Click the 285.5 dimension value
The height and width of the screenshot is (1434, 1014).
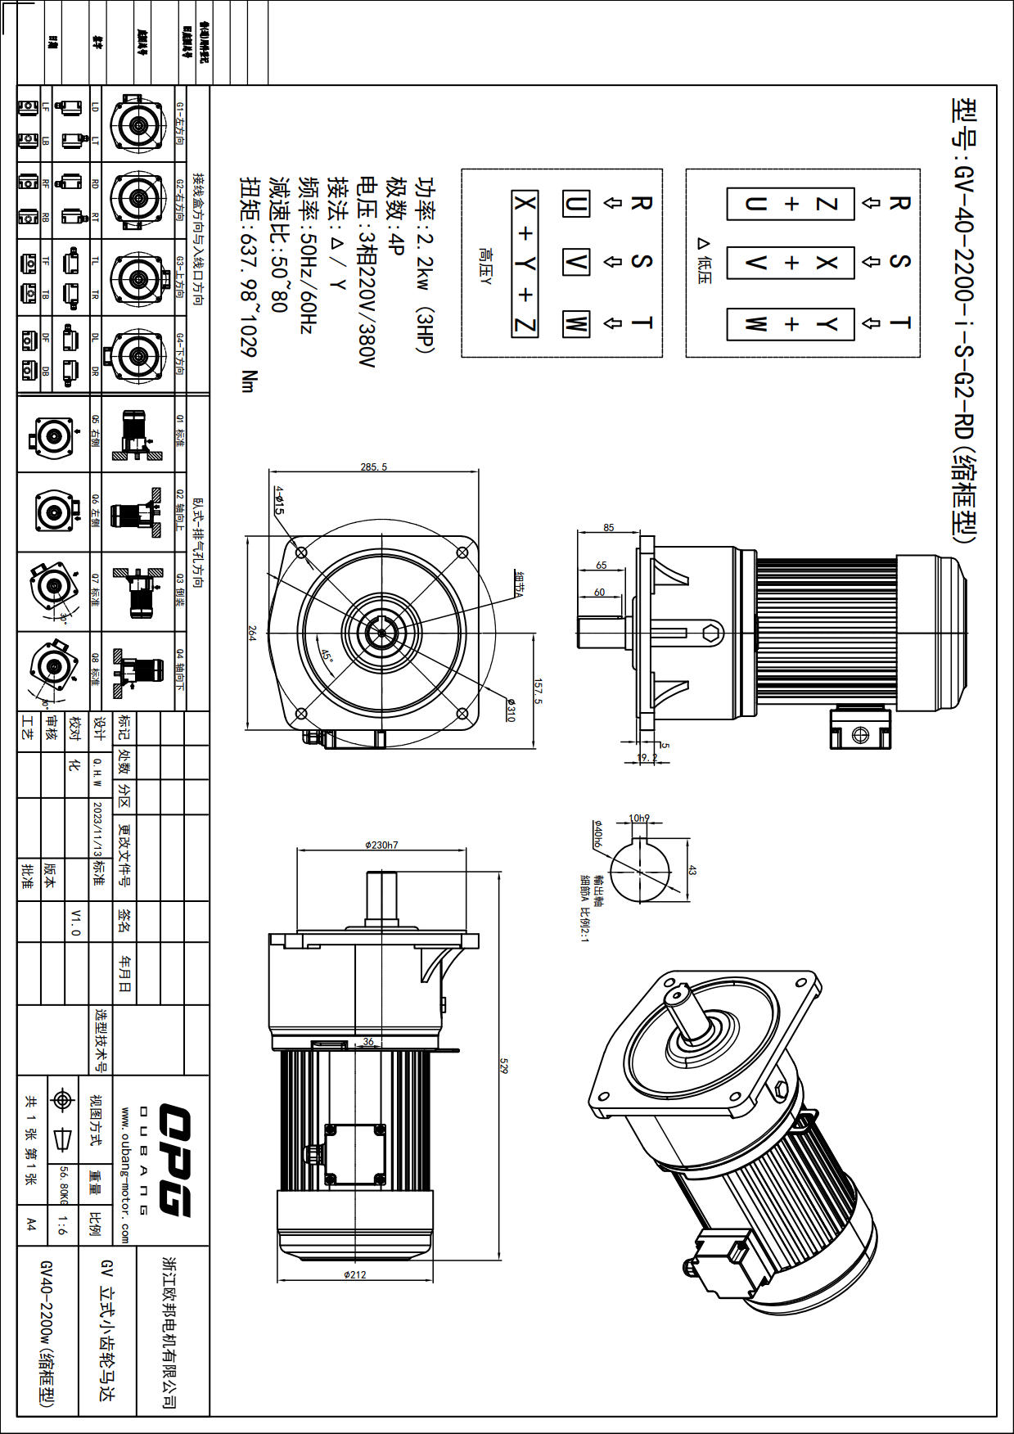coord(373,467)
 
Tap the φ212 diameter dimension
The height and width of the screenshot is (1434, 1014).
coord(355,1274)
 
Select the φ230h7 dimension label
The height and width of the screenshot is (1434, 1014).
coord(381,845)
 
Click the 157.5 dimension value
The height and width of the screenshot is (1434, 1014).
coord(538,690)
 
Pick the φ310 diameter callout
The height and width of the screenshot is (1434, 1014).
coord(510,710)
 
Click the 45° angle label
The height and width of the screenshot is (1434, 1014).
coord(327,656)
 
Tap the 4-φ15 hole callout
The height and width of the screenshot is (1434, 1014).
coord(279,499)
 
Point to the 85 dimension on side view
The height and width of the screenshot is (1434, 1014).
coord(608,528)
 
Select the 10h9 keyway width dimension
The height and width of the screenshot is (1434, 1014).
coord(639,818)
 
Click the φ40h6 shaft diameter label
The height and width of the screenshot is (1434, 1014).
coord(598,834)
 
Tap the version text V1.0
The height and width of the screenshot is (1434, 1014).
coord(75,922)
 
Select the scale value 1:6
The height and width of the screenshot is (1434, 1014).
coord(63,1224)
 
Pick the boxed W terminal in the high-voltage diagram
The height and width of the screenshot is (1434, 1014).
coord(575,324)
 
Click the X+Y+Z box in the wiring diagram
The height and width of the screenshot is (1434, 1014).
coord(525,264)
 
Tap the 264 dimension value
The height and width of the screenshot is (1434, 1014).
coord(252,633)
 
